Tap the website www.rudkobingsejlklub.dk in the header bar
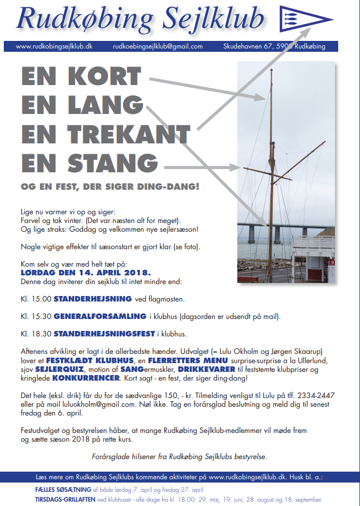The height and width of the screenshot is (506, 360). (54, 47)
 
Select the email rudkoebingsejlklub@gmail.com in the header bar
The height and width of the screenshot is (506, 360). (158, 47)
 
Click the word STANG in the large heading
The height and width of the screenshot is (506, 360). (109, 162)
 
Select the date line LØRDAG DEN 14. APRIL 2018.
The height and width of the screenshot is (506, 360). (86, 272)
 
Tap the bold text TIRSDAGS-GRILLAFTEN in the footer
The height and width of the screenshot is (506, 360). (65, 499)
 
